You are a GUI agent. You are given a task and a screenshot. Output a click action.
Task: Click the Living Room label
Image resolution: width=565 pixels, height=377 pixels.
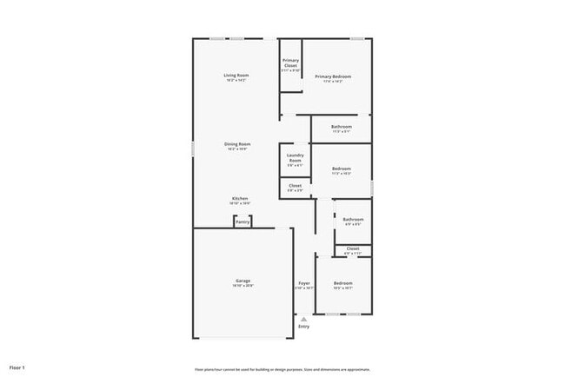(236, 76)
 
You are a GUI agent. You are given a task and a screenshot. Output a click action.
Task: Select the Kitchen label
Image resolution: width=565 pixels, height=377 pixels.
(240, 198)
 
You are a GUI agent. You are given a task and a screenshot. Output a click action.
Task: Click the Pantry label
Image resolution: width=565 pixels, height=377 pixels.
(243, 222)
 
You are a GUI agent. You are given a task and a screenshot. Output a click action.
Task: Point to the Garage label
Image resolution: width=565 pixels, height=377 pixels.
(243, 281)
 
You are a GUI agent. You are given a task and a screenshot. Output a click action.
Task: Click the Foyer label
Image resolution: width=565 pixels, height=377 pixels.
(304, 283)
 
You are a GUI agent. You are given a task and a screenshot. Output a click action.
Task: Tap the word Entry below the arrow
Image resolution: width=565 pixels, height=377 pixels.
(303, 326)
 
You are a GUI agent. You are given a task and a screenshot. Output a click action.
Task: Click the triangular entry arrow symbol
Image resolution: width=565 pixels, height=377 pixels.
(303, 319)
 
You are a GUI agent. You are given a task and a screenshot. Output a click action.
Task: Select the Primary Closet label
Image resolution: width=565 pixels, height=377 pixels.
(290, 63)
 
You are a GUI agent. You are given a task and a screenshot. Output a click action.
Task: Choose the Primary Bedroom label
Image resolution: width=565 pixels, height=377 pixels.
(334, 76)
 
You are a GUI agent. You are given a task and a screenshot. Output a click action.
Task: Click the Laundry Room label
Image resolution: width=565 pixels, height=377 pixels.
(295, 158)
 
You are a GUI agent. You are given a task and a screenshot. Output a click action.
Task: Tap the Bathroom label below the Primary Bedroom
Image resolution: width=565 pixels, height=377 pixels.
(341, 127)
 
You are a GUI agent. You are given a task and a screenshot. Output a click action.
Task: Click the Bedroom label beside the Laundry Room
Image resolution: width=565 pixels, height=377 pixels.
(341, 169)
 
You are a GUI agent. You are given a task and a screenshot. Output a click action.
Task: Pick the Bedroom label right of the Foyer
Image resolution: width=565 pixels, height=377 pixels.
(342, 283)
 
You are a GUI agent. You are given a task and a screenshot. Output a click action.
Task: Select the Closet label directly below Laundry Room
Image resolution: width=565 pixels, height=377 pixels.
(295, 185)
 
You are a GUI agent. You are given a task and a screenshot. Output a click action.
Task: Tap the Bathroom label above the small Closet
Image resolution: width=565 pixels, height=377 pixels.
(352, 219)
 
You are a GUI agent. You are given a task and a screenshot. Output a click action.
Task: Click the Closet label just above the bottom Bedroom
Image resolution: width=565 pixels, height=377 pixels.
(352, 248)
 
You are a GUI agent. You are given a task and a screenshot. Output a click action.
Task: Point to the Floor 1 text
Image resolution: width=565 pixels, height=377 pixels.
(17, 368)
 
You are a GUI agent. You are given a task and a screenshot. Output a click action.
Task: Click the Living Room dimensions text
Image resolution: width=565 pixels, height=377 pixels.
(236, 81)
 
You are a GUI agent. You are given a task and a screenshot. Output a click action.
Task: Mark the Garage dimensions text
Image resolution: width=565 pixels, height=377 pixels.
(243, 286)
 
